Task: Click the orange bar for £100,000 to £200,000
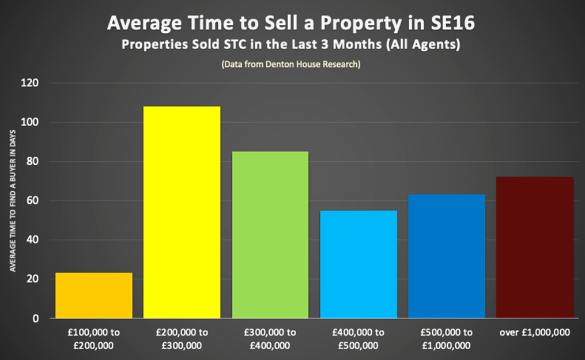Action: [x=94, y=295]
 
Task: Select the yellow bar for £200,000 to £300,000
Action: [x=182, y=212]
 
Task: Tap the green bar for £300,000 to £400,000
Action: [x=270, y=234]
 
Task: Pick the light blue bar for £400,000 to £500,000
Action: [x=358, y=264]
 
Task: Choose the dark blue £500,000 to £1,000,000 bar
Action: [x=447, y=256]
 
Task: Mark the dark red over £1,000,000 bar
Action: [x=535, y=247]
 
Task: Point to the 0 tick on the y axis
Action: [x=36, y=319]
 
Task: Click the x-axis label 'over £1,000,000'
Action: [x=535, y=333]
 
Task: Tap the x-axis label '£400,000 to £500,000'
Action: [x=358, y=339]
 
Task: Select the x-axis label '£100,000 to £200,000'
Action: [x=94, y=339]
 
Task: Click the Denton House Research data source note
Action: [x=290, y=64]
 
